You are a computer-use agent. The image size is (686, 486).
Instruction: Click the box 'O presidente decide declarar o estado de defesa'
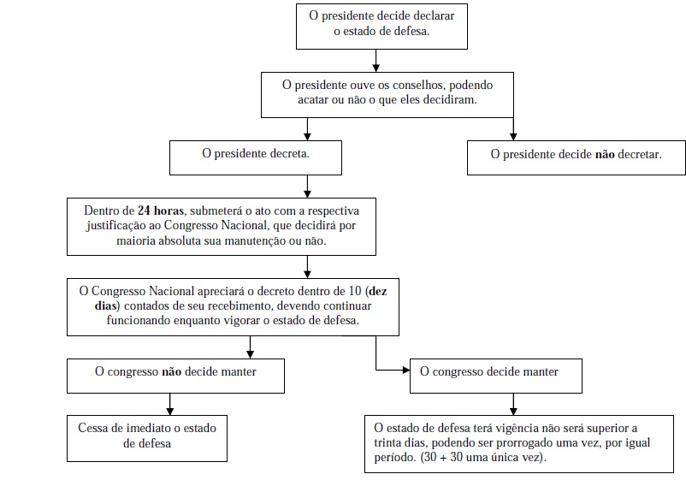coord(381,27)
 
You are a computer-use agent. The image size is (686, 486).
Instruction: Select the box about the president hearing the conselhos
coord(387,95)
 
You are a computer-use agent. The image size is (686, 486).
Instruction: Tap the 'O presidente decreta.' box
coord(256,157)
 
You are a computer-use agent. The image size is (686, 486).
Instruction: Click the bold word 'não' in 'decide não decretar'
coord(605,154)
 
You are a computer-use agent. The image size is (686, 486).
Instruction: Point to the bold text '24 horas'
coord(161,210)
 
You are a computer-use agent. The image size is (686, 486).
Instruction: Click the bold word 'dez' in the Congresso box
coord(378,291)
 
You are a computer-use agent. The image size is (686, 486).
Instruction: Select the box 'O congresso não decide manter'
coord(175,376)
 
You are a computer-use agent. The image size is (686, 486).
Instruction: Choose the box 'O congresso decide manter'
coord(496,376)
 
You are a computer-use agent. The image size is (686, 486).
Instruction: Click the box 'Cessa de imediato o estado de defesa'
coord(147,438)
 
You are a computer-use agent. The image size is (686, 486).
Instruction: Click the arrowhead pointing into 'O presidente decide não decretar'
coord(513,137)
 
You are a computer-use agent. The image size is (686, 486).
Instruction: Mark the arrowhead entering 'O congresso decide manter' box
coord(406,370)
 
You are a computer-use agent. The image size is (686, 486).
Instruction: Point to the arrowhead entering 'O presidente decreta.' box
coord(307,137)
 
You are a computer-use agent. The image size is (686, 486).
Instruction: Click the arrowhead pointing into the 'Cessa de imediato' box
coord(169,412)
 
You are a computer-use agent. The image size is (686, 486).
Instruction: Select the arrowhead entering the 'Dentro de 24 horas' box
coord(307,193)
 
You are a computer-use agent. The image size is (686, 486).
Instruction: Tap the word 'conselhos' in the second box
coord(416,85)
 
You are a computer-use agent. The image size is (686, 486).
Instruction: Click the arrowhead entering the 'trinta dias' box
coord(513,412)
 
